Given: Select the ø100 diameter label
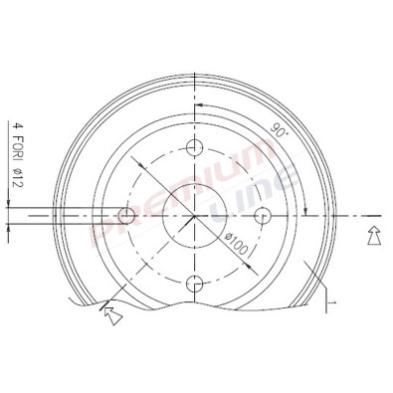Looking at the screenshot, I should click(236, 242).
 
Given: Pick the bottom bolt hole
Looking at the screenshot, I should click(194, 283).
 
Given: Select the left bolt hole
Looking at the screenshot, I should click(126, 216).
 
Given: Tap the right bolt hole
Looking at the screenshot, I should click(262, 216).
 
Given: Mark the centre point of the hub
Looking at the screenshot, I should click(194, 216).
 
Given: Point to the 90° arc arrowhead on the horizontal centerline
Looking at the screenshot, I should click(307, 210).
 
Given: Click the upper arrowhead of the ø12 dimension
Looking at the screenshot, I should click(11, 204).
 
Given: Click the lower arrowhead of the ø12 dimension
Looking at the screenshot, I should click(11, 227).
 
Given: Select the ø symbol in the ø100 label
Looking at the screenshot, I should click(229, 235).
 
